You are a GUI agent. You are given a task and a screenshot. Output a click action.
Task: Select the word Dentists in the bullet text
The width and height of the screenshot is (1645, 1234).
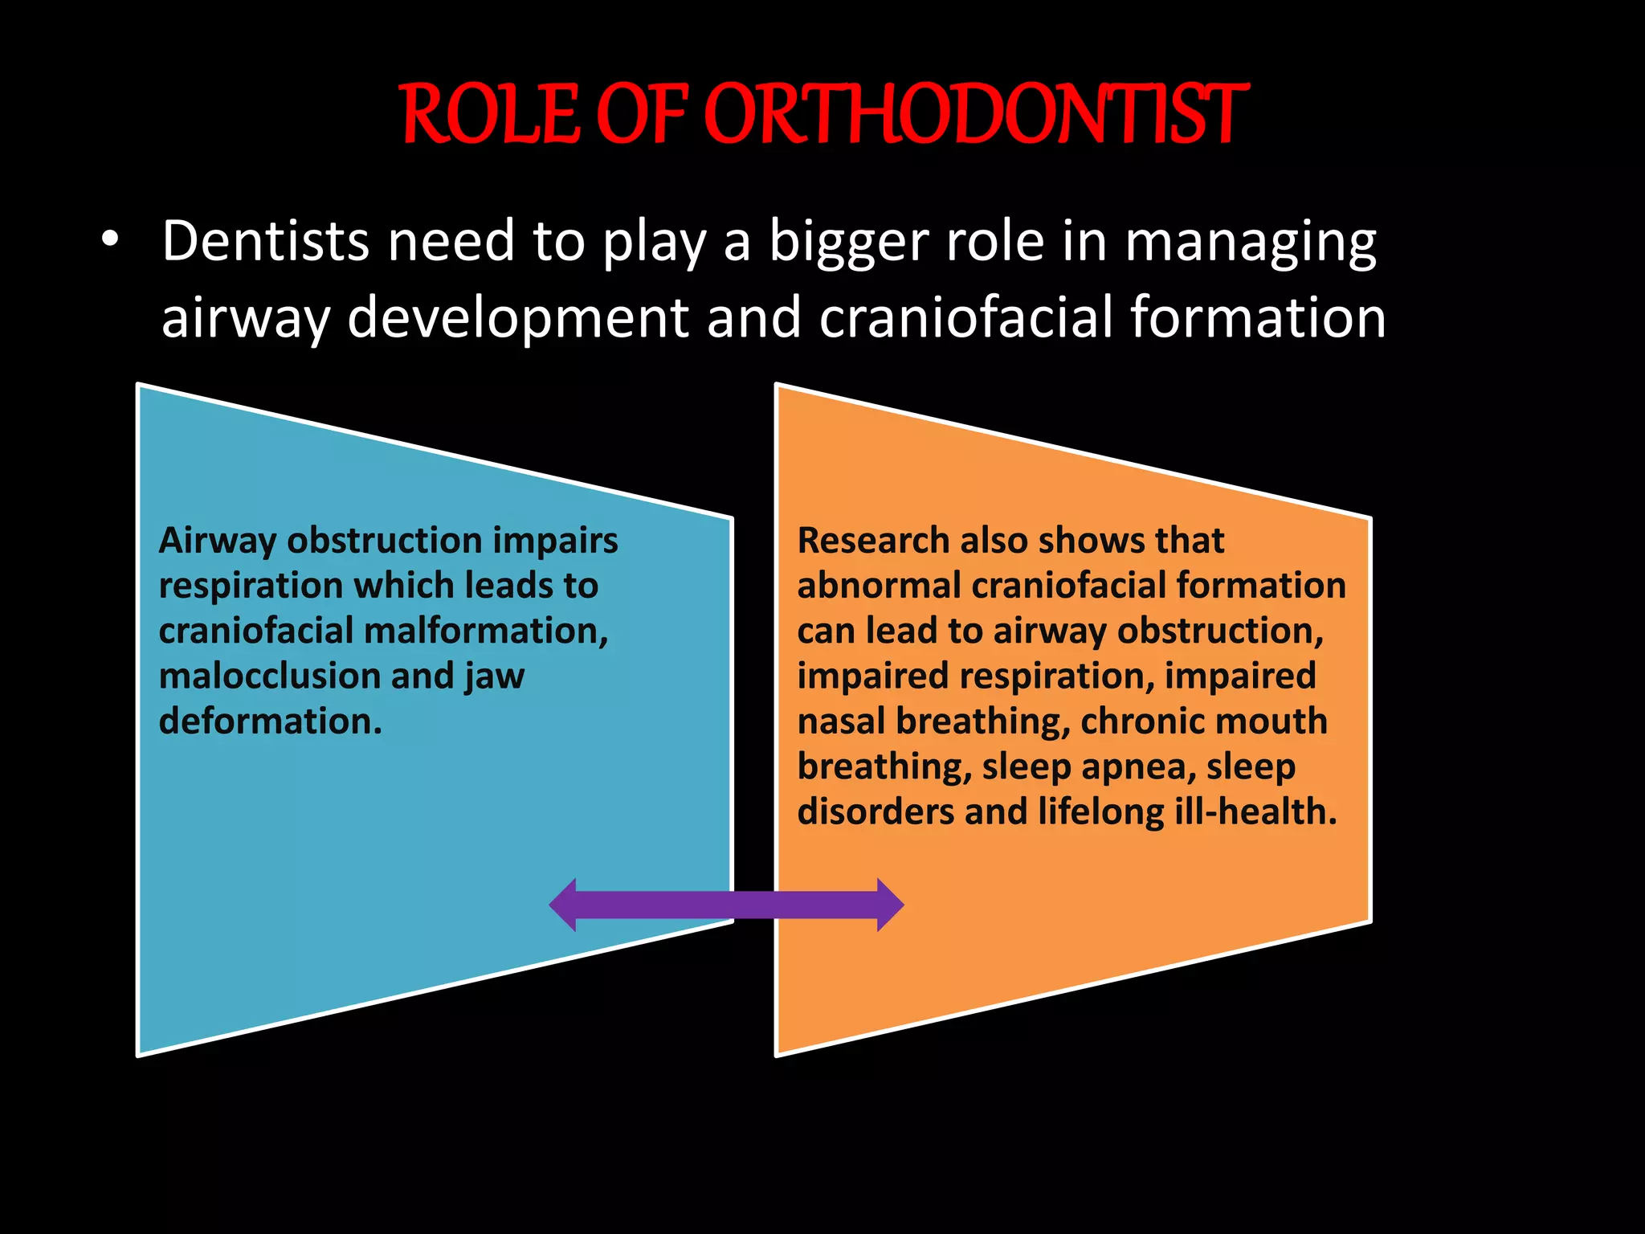tap(266, 241)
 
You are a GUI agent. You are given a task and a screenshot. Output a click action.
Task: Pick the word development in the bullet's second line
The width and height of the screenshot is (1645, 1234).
tap(518, 317)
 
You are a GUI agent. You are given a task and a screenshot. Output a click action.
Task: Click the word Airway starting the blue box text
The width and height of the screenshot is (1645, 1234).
tap(218, 541)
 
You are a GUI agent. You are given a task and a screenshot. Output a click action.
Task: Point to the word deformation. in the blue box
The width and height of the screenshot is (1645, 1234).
tap(271, 721)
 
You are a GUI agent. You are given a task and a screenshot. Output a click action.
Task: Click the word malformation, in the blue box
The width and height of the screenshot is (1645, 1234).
tap(486, 631)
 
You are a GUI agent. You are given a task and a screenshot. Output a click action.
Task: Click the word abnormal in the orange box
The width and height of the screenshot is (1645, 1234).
tap(879, 585)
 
